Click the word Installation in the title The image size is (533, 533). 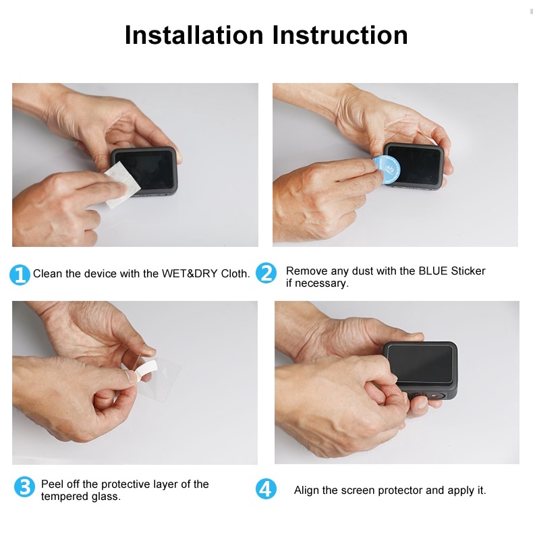(x=194, y=35)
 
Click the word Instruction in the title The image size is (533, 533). (x=340, y=35)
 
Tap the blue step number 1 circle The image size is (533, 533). (x=20, y=275)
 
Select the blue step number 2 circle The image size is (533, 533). (x=266, y=273)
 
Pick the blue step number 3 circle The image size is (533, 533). (x=24, y=486)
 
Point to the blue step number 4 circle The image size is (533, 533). (x=266, y=489)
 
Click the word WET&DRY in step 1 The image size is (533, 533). (x=190, y=274)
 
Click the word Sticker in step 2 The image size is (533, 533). (x=468, y=271)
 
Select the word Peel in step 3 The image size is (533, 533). (x=52, y=484)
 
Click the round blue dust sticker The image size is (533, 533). (x=387, y=169)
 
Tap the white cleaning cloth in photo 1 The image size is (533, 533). (x=121, y=185)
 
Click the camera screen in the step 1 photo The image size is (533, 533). (x=145, y=171)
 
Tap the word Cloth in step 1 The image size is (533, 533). (x=235, y=274)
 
